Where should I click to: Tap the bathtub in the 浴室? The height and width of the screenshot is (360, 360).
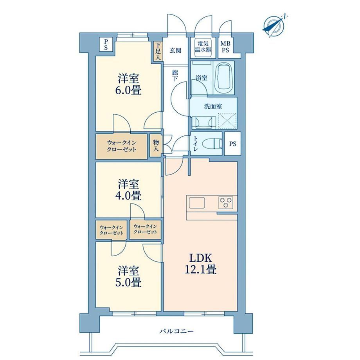[x=224, y=77]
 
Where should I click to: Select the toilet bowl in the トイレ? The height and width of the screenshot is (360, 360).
[x=212, y=144]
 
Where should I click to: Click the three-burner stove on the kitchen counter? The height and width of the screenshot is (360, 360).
[x=226, y=203]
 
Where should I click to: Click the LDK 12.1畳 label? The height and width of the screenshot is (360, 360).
[x=200, y=264]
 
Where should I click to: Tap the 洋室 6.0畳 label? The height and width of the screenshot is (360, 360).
[x=128, y=84]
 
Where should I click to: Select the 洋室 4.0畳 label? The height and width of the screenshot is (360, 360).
[x=128, y=190]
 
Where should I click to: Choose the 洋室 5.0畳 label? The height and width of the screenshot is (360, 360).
[x=128, y=276]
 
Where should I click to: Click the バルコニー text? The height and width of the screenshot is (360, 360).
[x=176, y=331]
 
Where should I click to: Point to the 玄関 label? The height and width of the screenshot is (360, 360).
[x=175, y=50]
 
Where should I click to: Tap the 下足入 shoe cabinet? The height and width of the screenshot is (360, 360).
[x=158, y=51]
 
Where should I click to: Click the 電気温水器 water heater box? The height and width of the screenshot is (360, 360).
[x=203, y=47]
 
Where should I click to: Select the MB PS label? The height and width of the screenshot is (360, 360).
[x=225, y=47]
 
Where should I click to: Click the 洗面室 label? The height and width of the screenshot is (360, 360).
[x=213, y=106]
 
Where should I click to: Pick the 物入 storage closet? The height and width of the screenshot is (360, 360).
[x=156, y=146]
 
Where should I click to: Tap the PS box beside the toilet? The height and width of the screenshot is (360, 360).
[x=232, y=144]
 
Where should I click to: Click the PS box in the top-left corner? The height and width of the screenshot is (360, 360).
[x=106, y=45]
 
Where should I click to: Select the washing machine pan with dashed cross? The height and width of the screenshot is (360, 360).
[x=227, y=120]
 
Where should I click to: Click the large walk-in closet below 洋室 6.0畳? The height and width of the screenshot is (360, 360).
[x=121, y=146]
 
